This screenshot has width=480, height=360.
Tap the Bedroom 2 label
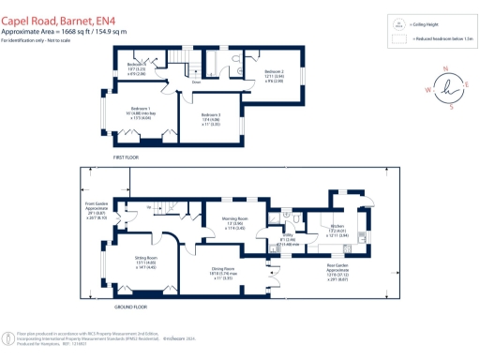tap(273, 71)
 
